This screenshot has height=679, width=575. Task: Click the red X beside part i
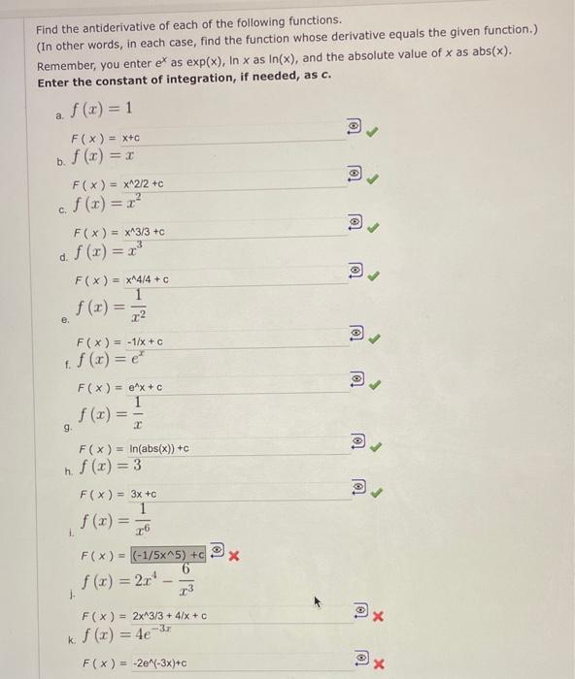[234, 556]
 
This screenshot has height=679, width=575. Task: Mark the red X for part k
[379, 664]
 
